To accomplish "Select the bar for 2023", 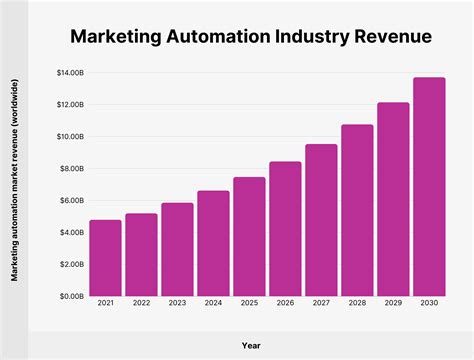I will [x=177, y=249].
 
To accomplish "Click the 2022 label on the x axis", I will [x=141, y=304].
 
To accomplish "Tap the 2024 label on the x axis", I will [x=213, y=304].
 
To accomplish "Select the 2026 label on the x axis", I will [x=285, y=304].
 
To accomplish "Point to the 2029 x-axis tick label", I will [x=393, y=304].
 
